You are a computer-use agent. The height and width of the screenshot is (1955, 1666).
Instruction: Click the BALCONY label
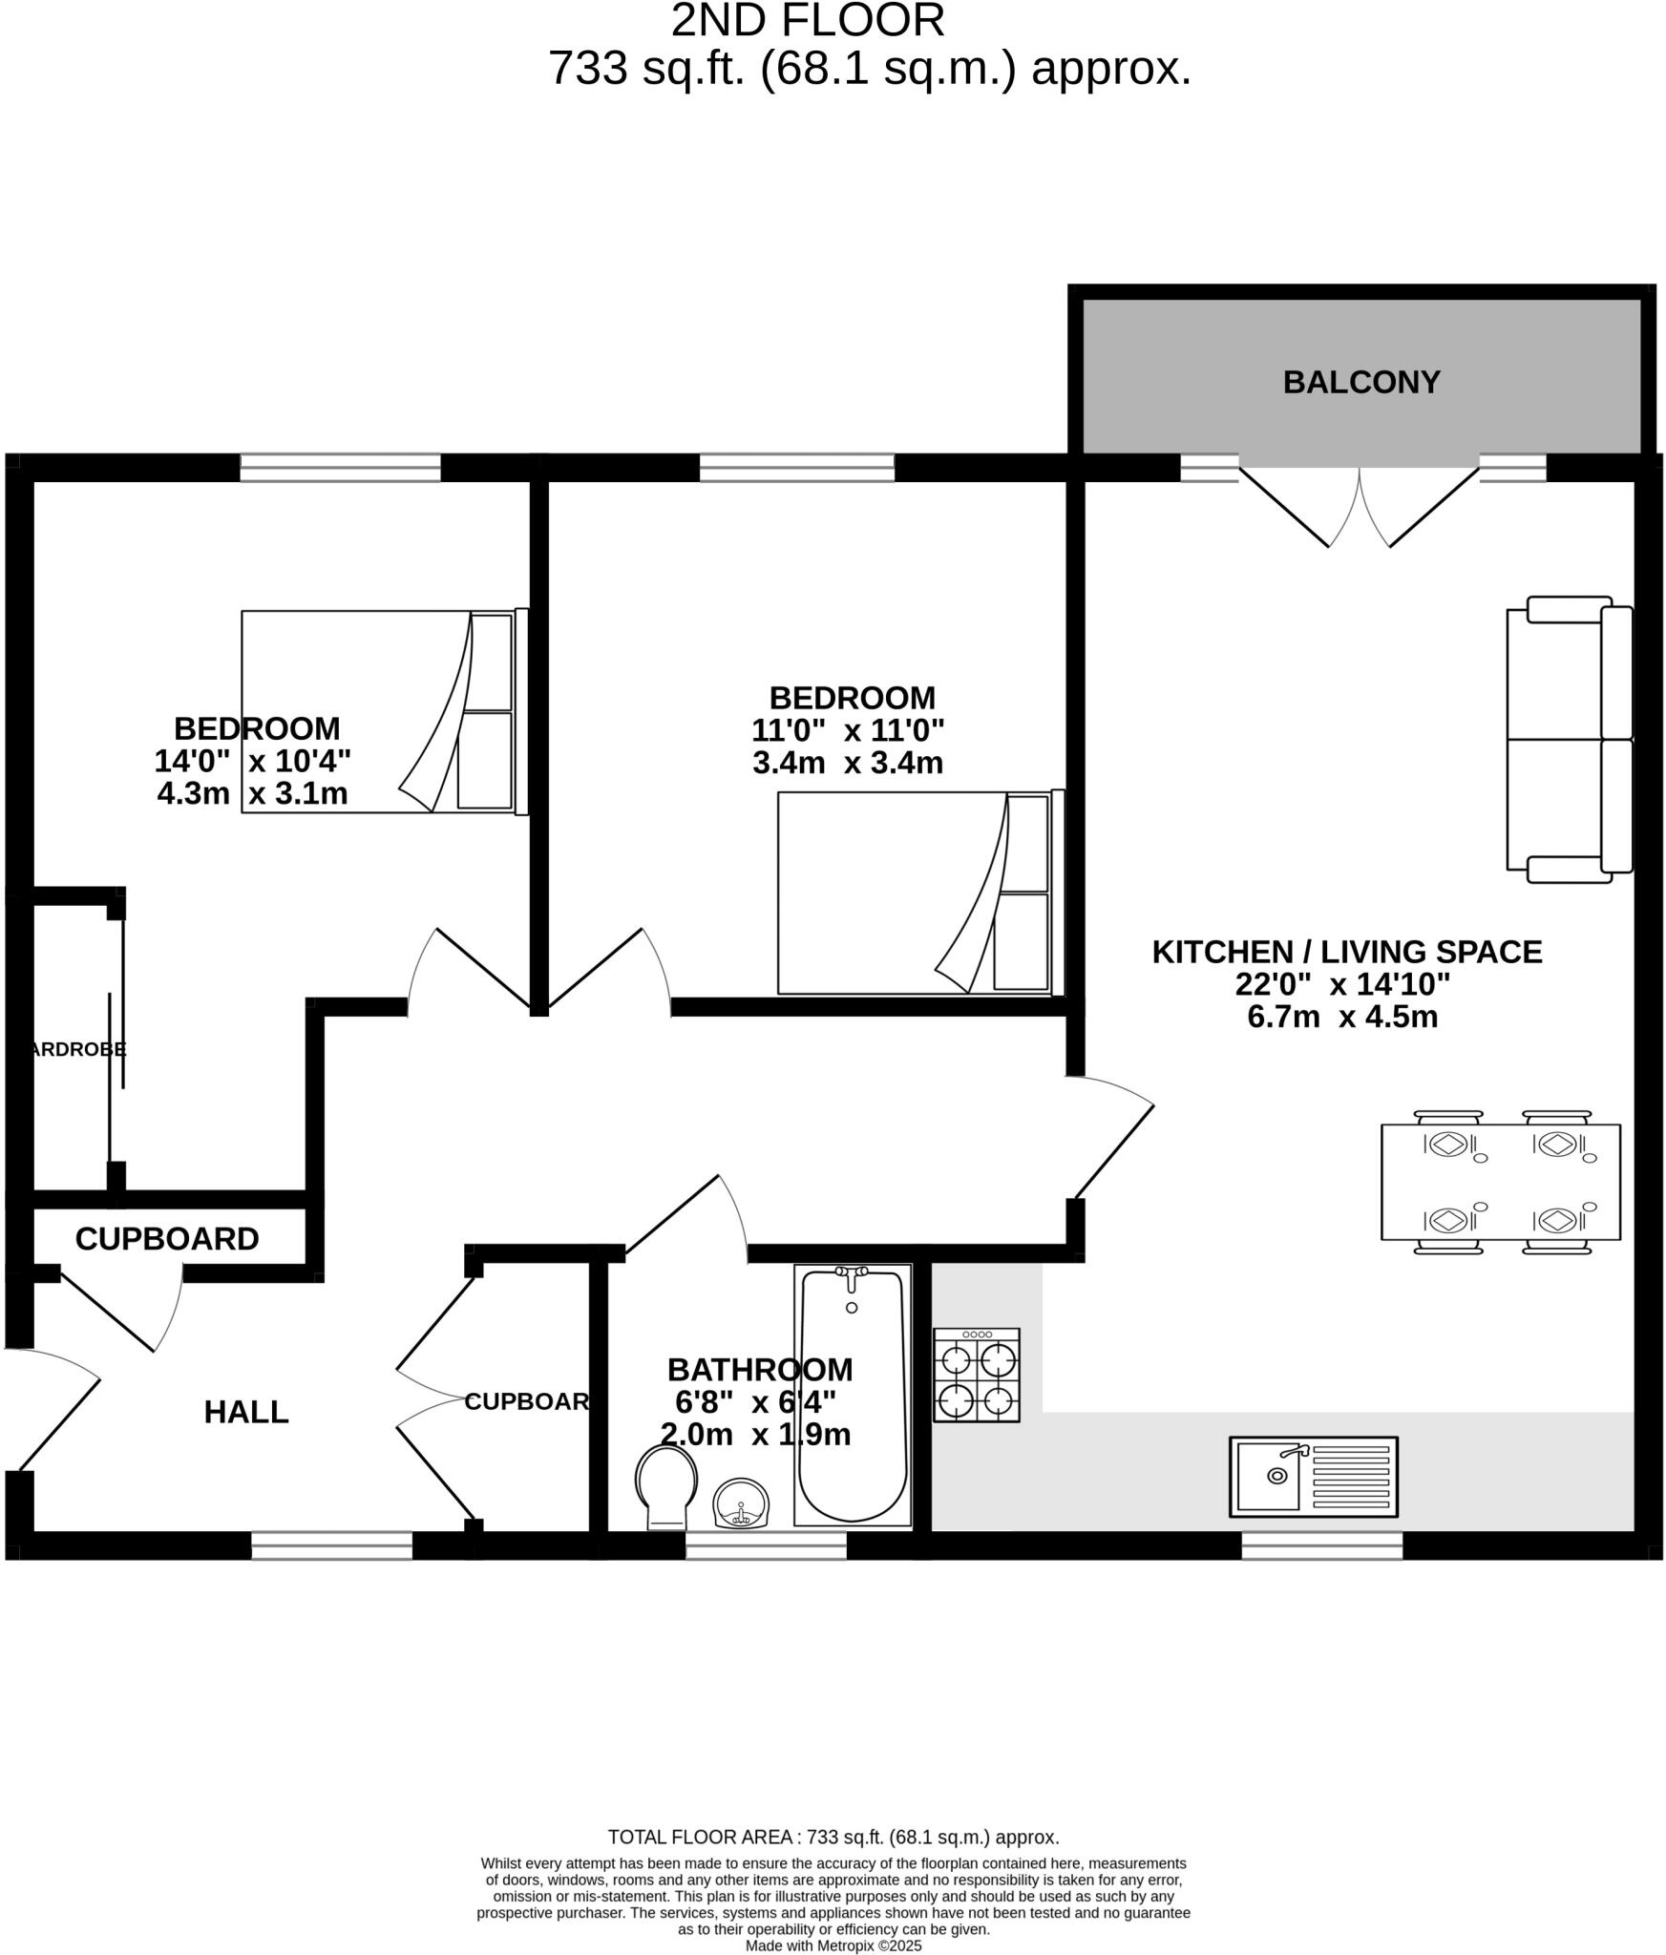1360,382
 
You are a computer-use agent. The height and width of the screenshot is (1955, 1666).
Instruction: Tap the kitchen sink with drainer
1313,1476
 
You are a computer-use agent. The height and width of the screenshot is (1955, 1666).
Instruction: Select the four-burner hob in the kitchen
976,1375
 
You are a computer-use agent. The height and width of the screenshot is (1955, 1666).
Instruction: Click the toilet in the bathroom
666,1483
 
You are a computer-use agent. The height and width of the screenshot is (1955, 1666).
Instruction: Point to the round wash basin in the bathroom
741,1503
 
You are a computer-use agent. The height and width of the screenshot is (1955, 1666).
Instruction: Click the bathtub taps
851,1274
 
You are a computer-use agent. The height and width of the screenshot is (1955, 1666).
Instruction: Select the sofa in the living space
1569,739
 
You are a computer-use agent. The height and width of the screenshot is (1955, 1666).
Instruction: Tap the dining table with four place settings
1500,1182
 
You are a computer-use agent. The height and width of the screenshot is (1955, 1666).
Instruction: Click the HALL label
246,1412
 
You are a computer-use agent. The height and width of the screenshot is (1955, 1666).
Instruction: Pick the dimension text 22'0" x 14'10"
1342,984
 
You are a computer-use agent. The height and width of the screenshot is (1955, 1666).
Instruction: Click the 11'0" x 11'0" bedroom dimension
847,730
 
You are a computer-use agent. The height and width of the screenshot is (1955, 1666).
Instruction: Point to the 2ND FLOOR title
808,21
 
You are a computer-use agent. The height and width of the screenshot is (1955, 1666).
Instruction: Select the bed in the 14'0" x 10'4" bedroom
384,712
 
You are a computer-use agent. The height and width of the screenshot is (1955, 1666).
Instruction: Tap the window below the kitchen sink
1321,1545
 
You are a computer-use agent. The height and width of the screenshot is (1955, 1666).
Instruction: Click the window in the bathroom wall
766,1545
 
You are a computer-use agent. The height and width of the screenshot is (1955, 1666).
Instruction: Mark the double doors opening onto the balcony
1359,506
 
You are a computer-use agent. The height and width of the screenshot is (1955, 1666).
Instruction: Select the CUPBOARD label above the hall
167,1239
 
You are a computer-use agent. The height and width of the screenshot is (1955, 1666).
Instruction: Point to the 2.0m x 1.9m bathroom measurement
755,1434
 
